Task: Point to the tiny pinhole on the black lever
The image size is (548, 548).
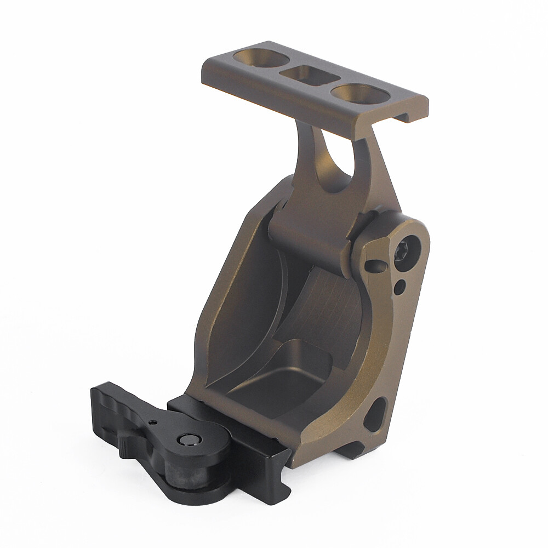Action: click(x=151, y=421)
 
